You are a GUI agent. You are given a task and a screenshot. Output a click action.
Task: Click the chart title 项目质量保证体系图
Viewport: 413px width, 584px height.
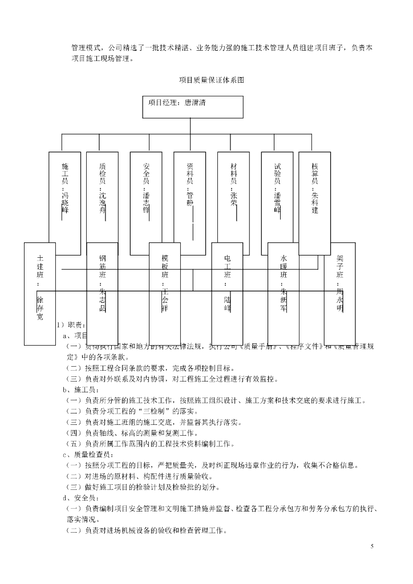(212, 80)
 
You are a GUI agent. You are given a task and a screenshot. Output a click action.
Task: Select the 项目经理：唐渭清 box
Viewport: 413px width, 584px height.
(192, 106)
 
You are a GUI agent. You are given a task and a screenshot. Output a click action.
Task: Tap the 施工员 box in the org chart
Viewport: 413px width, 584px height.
(64, 194)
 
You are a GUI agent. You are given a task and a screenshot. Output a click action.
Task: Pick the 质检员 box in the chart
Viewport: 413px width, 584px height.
(102, 194)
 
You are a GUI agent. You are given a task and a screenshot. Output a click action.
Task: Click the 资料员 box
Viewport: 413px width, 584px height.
(190, 194)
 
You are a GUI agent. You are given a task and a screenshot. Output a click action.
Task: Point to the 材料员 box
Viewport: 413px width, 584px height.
(233, 194)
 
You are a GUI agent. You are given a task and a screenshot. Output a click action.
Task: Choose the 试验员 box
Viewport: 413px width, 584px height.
(277, 194)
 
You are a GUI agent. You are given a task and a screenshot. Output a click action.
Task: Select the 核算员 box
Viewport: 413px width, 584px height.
(314, 194)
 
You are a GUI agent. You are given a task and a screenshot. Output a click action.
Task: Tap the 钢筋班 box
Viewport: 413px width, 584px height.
(102, 285)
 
